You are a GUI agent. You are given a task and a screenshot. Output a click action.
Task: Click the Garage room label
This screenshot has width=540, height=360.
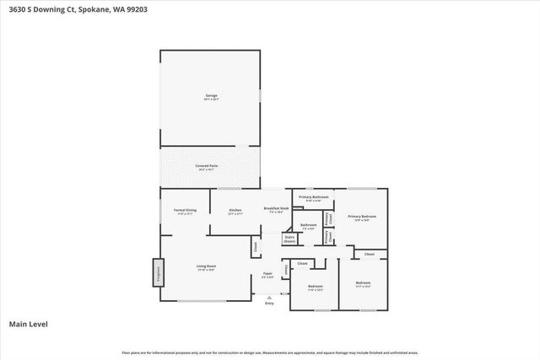pyautogui.click(x=211, y=95)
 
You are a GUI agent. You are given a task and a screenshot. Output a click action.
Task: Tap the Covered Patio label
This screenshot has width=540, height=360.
pyautogui.click(x=208, y=166)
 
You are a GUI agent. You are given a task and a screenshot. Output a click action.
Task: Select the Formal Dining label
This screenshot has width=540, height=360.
pyautogui.click(x=185, y=210)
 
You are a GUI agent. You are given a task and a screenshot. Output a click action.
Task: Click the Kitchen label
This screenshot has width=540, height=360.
pyautogui.click(x=235, y=210)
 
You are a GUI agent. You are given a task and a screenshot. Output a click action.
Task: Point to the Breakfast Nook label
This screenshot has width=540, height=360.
pyautogui.click(x=277, y=208)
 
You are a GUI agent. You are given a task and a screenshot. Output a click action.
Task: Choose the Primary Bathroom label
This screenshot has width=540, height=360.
pyautogui.click(x=313, y=197)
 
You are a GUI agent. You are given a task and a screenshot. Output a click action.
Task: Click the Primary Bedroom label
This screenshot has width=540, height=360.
pyautogui.click(x=362, y=217)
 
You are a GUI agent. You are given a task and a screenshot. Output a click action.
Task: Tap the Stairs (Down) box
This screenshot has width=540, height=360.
pyautogui.click(x=289, y=239)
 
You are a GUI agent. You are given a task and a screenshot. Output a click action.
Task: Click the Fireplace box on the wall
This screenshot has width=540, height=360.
pyautogui.click(x=157, y=273)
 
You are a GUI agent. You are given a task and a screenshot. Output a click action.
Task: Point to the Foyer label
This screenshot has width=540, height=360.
pyautogui.click(x=267, y=274)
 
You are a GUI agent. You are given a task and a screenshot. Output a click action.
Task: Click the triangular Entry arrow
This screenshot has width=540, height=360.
pyautogui.click(x=269, y=297)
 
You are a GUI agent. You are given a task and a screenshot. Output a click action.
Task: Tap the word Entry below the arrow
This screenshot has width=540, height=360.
pyautogui.click(x=269, y=303)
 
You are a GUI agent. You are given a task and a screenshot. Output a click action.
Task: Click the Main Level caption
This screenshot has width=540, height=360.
pyautogui.click(x=28, y=324)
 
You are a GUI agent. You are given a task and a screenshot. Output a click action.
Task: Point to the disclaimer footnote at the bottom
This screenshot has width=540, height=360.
pyautogui.click(x=269, y=352)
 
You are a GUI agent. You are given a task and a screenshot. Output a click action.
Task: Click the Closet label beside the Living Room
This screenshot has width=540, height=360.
pyautogui.click(x=255, y=247)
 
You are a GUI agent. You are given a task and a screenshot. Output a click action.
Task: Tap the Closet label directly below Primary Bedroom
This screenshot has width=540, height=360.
pyautogui.click(x=369, y=254)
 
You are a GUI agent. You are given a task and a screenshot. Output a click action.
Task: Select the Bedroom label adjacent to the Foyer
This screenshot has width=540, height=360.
pyautogui.click(x=315, y=287)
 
